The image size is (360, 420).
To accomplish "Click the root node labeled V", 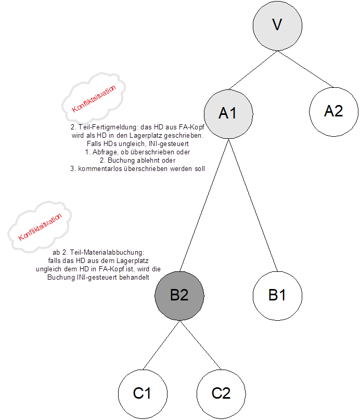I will pyautogui.click(x=277, y=24).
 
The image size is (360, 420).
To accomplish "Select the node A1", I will pyautogui.click(x=228, y=113).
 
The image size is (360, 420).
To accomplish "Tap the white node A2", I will pyautogui.click(x=333, y=110).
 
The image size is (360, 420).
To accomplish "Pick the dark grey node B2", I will pyautogui.click(x=179, y=295).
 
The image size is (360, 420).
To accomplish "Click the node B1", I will pyautogui.click(x=277, y=295).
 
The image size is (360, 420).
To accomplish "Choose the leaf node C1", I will pyautogui.click(x=142, y=393).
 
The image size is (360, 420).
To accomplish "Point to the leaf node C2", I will pyautogui.click(x=221, y=393).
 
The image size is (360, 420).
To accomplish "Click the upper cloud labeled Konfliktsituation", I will pyautogui.click(x=94, y=99).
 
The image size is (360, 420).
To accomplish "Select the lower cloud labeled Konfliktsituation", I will pyautogui.click(x=40, y=229).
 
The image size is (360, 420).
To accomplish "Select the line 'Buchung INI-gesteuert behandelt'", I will pyautogui.click(x=98, y=277).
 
